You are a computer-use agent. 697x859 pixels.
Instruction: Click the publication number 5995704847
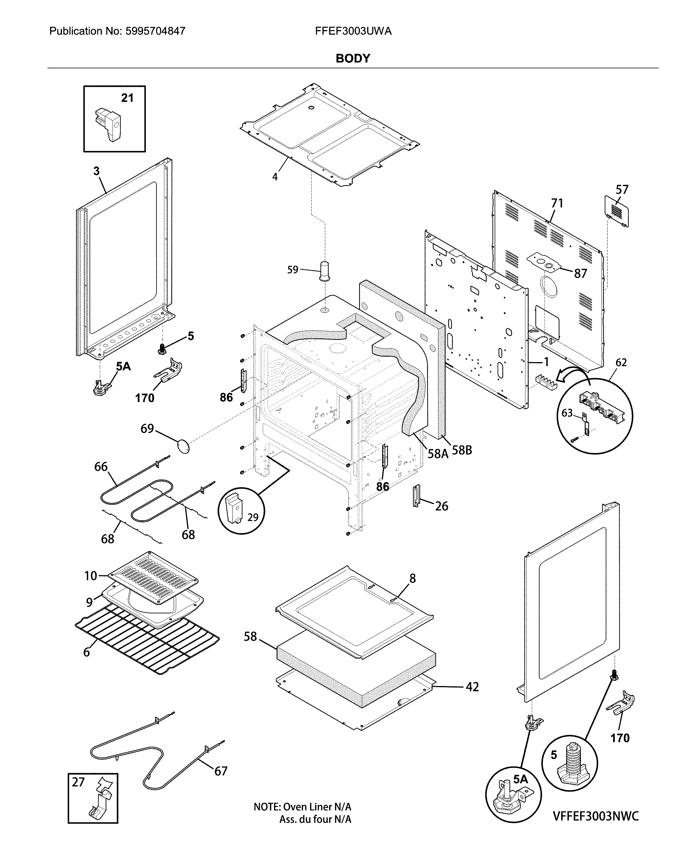click(155, 31)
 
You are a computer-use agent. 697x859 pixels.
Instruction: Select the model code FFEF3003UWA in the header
click(353, 31)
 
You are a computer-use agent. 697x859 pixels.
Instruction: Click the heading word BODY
click(352, 59)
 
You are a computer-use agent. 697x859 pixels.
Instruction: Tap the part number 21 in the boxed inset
click(127, 98)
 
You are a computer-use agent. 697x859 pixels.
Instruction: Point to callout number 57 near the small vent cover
click(621, 189)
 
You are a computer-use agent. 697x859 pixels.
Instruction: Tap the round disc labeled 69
click(183, 446)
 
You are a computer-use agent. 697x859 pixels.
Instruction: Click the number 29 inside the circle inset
click(253, 517)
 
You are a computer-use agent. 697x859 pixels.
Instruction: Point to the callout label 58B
click(462, 450)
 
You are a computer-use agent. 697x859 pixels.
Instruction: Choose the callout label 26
click(441, 506)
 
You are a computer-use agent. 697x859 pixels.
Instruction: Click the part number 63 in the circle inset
click(567, 413)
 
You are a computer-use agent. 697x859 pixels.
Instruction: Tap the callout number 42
click(472, 687)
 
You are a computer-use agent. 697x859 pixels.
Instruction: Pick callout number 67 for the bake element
click(221, 771)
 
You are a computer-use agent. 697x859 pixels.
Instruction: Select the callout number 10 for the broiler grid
click(91, 576)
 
